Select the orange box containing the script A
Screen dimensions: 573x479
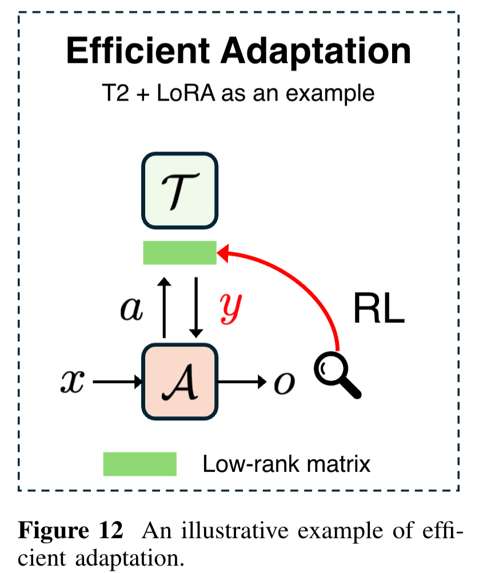tap(179, 381)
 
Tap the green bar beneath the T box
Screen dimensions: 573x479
tap(179, 253)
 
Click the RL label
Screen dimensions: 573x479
tap(379, 311)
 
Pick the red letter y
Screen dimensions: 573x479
tap(232, 309)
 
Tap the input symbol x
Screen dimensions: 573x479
tap(73, 382)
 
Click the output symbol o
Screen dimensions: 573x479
tap(284, 383)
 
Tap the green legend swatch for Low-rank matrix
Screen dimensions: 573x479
tap(139, 464)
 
